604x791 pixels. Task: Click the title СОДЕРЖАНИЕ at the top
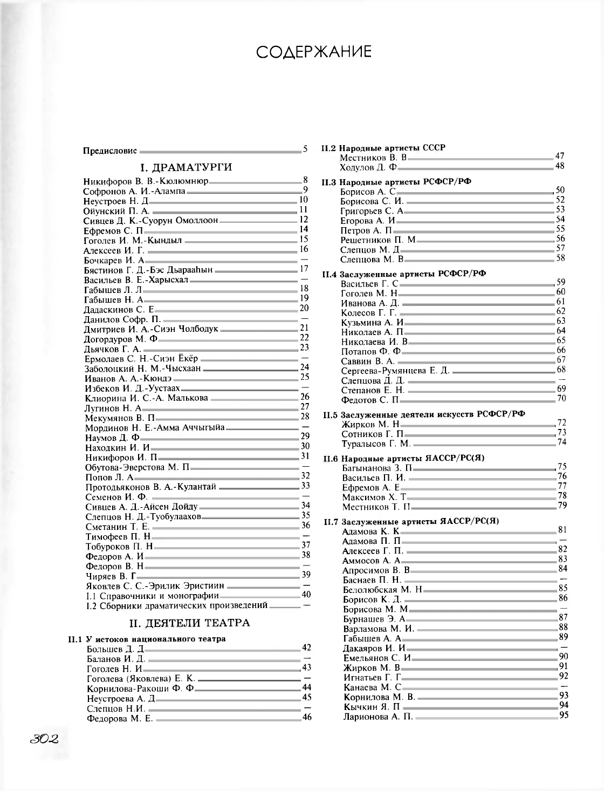pyautogui.click(x=313, y=52)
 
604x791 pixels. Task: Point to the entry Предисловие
pyautogui.click(x=110, y=151)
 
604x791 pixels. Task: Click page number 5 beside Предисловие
pyautogui.click(x=305, y=149)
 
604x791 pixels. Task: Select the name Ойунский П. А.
pyautogui.click(x=116, y=211)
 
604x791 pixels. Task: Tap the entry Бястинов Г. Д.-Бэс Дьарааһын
pyautogui.click(x=148, y=270)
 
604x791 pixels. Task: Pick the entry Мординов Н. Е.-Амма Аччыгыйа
pyautogui.click(x=155, y=428)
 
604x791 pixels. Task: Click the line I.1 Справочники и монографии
pyautogui.click(x=153, y=596)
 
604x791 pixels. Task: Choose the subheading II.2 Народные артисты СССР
pyautogui.click(x=383, y=148)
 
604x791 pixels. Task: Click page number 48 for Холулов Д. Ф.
pyautogui.click(x=560, y=166)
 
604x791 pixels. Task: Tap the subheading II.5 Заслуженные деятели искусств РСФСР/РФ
pyautogui.click(x=424, y=414)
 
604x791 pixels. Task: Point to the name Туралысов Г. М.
pyautogui.click(x=376, y=444)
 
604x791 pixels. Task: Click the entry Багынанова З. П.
pyautogui.click(x=377, y=468)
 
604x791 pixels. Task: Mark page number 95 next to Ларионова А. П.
pyautogui.click(x=564, y=715)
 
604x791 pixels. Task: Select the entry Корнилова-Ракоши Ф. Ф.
pyautogui.click(x=140, y=688)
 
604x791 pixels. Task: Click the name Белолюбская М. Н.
pyautogui.click(x=382, y=590)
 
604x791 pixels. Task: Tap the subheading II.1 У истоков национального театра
pyautogui.click(x=147, y=639)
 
